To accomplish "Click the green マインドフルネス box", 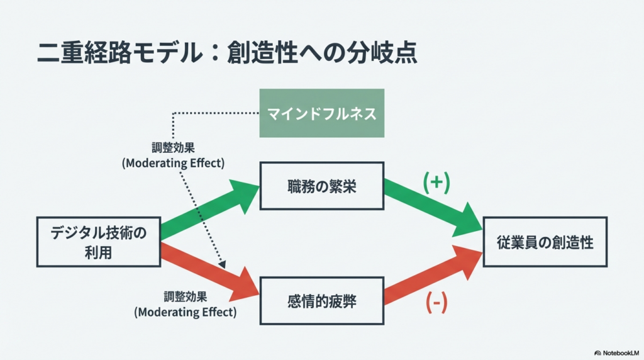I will (321, 113).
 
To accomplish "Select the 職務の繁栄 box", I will (321, 186).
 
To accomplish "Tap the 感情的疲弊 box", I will (321, 301).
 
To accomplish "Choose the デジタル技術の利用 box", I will (98, 242).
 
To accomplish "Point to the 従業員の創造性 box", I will (544, 242).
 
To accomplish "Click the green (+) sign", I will (436, 182).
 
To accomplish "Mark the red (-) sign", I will (436, 303).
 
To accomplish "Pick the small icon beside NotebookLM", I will (597, 352).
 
